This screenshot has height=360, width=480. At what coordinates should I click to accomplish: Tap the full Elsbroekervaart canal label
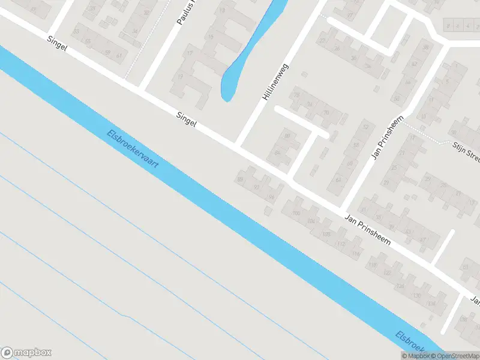click(x=133, y=149)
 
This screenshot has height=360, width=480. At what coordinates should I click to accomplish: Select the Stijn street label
click(x=466, y=151)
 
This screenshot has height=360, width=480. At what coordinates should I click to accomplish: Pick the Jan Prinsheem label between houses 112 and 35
click(x=368, y=230)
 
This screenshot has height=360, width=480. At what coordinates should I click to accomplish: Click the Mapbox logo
click(x=26, y=353)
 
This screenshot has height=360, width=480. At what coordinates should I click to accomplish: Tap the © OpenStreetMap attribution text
click(x=454, y=356)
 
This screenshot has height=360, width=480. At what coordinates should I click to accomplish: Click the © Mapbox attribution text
click(x=415, y=356)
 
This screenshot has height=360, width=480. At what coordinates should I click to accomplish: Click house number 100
click(x=295, y=214)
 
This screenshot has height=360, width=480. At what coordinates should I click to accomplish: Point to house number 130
click(x=417, y=296)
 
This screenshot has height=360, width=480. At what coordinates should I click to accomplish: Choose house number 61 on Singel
click(x=119, y=56)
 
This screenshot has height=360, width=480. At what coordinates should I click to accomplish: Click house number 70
click(x=326, y=112)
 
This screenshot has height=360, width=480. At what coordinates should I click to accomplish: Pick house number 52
click(x=366, y=127)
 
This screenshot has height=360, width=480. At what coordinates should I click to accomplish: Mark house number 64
click(x=338, y=179)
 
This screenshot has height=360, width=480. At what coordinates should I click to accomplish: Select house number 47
click(x=422, y=241)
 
